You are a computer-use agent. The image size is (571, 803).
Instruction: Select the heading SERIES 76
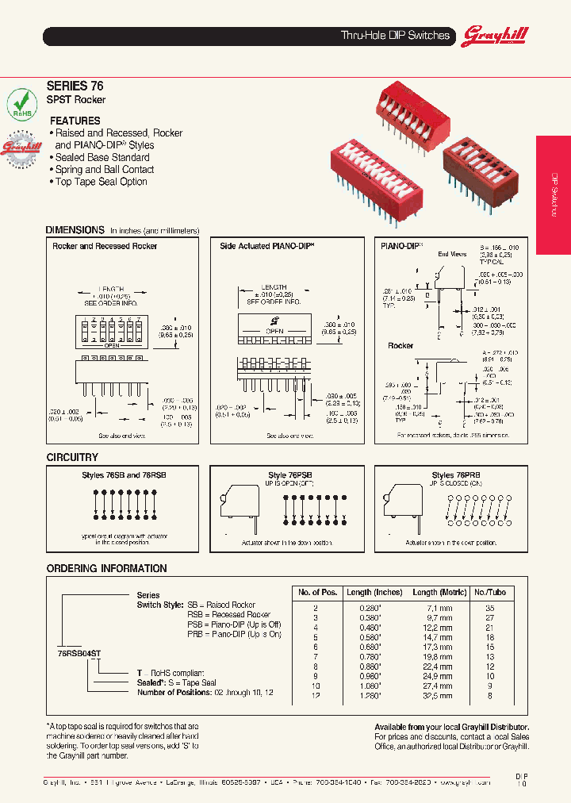tap(75, 86)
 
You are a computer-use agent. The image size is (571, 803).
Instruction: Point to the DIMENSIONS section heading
tap(75, 229)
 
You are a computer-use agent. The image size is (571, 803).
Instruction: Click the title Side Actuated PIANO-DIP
tap(267, 246)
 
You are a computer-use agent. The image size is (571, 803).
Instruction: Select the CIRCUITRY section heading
tap(72, 457)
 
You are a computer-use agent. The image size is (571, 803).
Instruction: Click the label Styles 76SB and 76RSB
tap(124, 474)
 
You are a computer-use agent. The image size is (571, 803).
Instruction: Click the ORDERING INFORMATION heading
tap(106, 568)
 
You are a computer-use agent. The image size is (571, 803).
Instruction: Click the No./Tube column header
tap(489, 592)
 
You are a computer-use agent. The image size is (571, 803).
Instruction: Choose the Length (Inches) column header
tap(374, 592)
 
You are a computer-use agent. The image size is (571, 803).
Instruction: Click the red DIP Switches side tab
tap(554, 195)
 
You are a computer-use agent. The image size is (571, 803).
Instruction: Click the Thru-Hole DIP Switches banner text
tap(395, 36)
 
